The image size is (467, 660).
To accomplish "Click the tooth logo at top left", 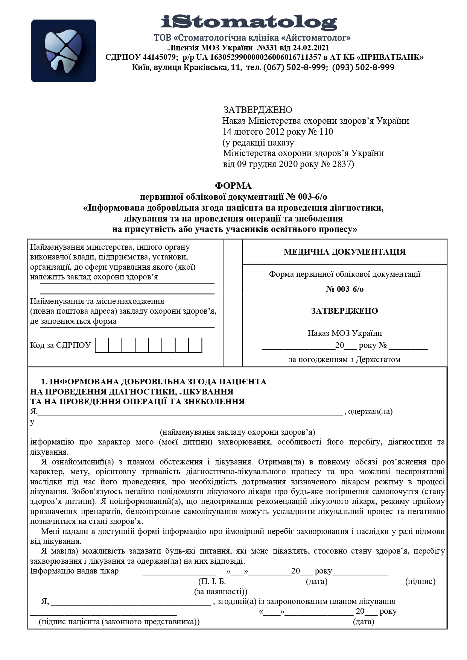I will pos(63,51).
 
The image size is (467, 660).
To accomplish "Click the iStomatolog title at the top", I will pos(249,22).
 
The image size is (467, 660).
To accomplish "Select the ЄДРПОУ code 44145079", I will pos(160,58).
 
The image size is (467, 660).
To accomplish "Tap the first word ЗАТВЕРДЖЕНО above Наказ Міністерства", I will pos(258,110).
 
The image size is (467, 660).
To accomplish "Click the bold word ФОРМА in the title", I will pos(233,186).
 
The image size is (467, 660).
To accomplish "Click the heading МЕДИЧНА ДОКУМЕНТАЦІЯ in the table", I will pos(345,252).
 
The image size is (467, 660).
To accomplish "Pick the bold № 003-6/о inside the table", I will pos(345,289).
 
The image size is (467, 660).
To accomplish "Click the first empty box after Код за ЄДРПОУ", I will pos(102,345).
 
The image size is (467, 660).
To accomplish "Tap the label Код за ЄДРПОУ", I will pos(61,345).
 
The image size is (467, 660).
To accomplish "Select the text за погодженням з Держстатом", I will pos(345,360).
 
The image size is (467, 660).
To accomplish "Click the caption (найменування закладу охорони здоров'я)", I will pos(237,432).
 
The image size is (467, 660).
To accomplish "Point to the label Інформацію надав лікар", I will pos(74,571).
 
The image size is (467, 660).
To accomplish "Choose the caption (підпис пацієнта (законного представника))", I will pos(119,621).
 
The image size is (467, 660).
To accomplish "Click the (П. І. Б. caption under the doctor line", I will pos(212,581).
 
